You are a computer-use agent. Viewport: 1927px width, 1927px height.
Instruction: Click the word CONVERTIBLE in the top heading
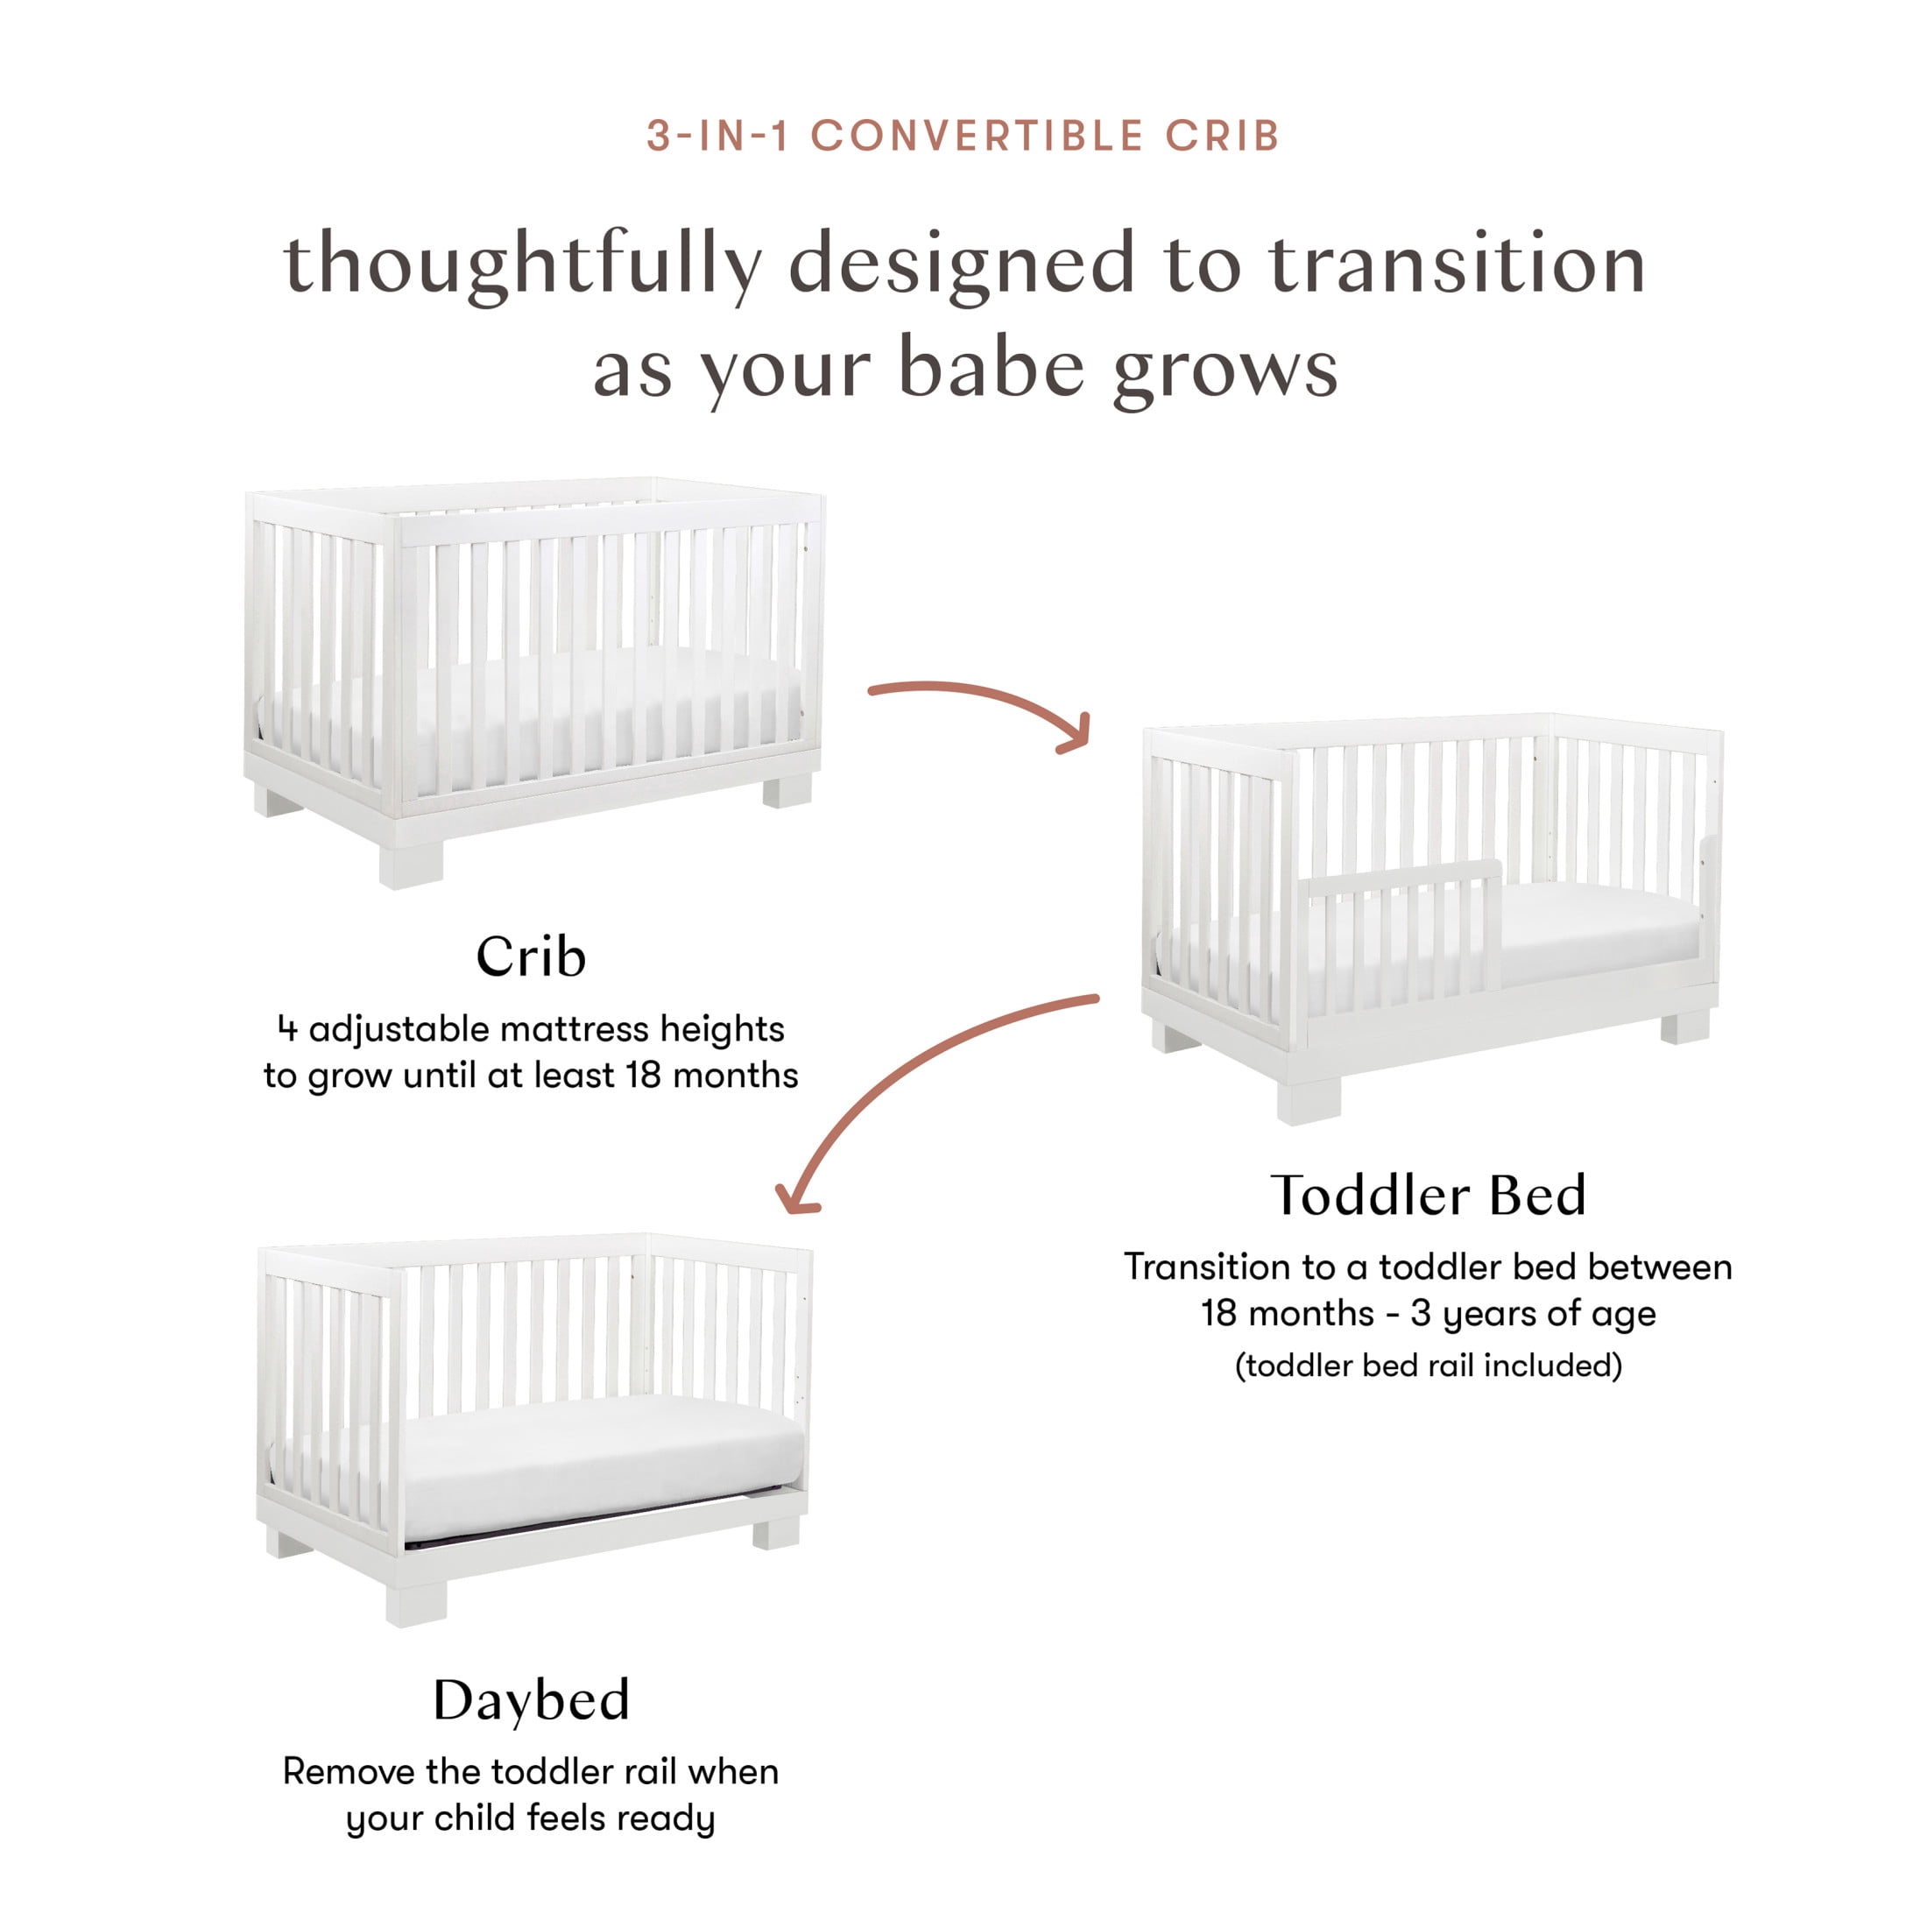978,136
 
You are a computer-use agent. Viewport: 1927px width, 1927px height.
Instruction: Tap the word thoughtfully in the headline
523,265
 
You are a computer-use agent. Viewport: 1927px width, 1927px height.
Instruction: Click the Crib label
531,956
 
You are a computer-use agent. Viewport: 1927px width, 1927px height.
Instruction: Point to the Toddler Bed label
1428,1195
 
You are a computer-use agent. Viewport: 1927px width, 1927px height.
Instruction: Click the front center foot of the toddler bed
1309,1099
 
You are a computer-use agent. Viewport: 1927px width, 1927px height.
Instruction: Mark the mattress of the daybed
604,1466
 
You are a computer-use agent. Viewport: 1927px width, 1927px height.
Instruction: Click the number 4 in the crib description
287,1028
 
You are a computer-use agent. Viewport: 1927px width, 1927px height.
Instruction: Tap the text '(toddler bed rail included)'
1429,1365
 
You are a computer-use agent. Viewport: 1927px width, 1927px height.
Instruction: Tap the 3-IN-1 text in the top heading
717,136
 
